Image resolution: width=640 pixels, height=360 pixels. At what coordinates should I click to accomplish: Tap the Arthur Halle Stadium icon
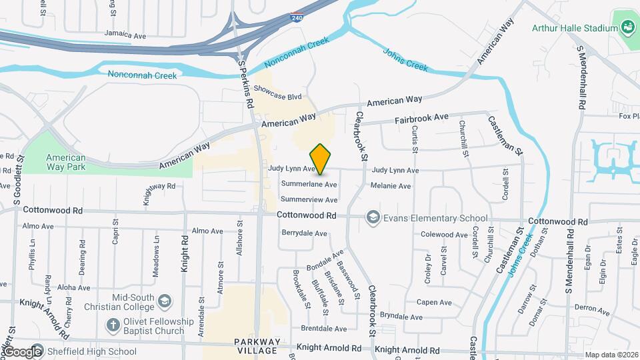pyautogui.click(x=627, y=28)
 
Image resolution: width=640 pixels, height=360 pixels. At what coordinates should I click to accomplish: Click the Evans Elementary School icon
pyautogui.click(x=373, y=217)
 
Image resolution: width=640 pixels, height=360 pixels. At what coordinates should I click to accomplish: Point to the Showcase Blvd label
pyautogui.click(x=277, y=97)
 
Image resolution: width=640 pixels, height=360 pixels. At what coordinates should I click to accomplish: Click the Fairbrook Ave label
pyautogui.click(x=421, y=117)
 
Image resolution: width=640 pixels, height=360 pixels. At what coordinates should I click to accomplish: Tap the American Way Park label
pyautogui.click(x=65, y=162)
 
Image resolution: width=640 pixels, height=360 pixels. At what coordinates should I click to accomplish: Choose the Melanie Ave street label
pyautogui.click(x=391, y=186)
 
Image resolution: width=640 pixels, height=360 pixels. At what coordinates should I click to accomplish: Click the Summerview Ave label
pyautogui.click(x=309, y=199)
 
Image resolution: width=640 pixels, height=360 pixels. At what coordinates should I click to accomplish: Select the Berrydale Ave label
pyautogui.click(x=305, y=233)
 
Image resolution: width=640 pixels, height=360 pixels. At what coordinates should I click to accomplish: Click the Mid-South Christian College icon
pyautogui.click(x=162, y=303)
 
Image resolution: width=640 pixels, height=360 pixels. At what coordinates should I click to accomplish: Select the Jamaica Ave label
pyautogui.click(x=125, y=35)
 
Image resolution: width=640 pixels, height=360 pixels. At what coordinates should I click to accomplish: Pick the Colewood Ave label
pyautogui.click(x=444, y=235)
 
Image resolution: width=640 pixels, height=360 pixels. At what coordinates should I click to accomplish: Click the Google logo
pyautogui.click(x=22, y=351)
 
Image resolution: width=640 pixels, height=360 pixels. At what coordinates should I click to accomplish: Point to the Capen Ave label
pyautogui.click(x=429, y=302)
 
